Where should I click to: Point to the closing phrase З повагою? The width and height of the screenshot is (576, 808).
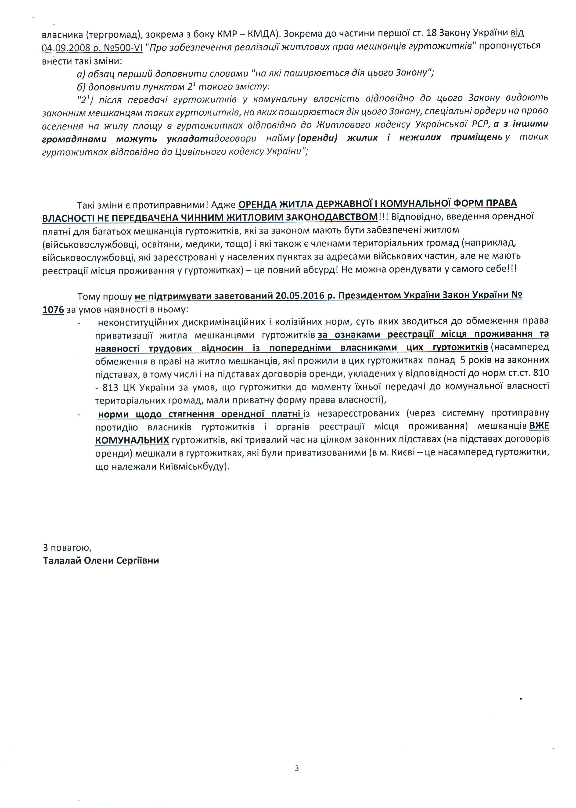[67, 547]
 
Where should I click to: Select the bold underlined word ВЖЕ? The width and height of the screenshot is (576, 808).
[539, 426]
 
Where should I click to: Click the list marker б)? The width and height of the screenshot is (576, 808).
[81, 87]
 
